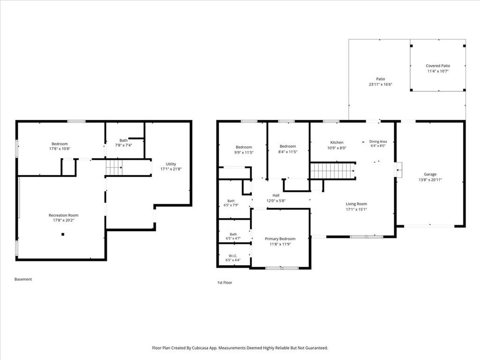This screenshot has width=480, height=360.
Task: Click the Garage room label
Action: [430, 174]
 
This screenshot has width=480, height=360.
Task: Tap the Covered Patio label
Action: [438, 66]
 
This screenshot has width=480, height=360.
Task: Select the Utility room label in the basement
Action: [171, 164]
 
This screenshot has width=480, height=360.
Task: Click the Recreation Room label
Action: [63, 215]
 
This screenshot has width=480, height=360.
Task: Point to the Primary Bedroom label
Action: [280, 239]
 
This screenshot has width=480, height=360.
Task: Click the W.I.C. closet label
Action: [233, 255]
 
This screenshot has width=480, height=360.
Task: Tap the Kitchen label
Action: [337, 142]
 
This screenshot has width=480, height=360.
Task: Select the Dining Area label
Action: [378, 142]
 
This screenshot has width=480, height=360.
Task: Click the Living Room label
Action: [356, 204]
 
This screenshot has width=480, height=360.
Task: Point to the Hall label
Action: [276, 195]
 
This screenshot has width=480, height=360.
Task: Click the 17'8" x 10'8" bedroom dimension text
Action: [60, 149]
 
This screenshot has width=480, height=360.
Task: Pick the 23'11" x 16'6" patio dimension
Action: [381, 84]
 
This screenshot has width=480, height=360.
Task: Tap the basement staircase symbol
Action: [114, 167]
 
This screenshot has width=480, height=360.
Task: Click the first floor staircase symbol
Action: [333, 171]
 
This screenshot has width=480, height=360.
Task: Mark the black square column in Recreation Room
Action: [63, 234]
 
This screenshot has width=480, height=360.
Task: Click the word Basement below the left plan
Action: [23, 279]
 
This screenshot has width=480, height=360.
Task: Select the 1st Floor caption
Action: [225, 283]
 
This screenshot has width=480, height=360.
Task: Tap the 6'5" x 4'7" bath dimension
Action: [233, 238]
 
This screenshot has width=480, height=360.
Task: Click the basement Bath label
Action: [123, 141]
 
